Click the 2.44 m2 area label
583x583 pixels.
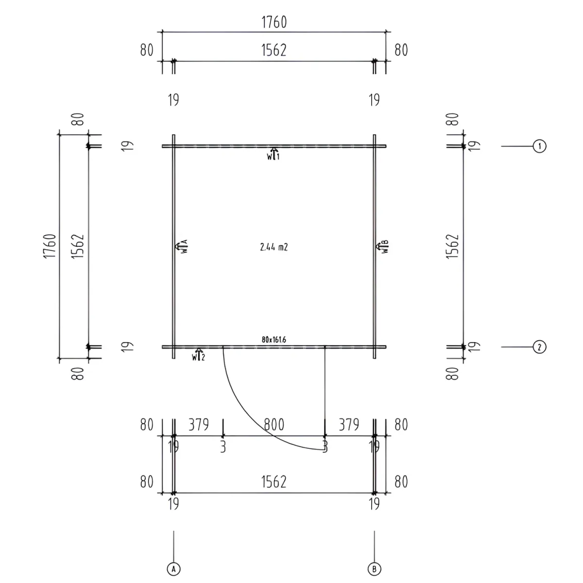point(274,247)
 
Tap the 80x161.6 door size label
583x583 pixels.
point(274,340)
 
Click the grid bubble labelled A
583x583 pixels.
point(173,569)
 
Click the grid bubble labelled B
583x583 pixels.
point(374,569)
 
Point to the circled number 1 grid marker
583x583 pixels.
point(539,146)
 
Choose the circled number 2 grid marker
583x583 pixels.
point(539,347)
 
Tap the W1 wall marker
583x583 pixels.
point(273,154)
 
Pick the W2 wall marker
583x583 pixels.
point(199,355)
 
